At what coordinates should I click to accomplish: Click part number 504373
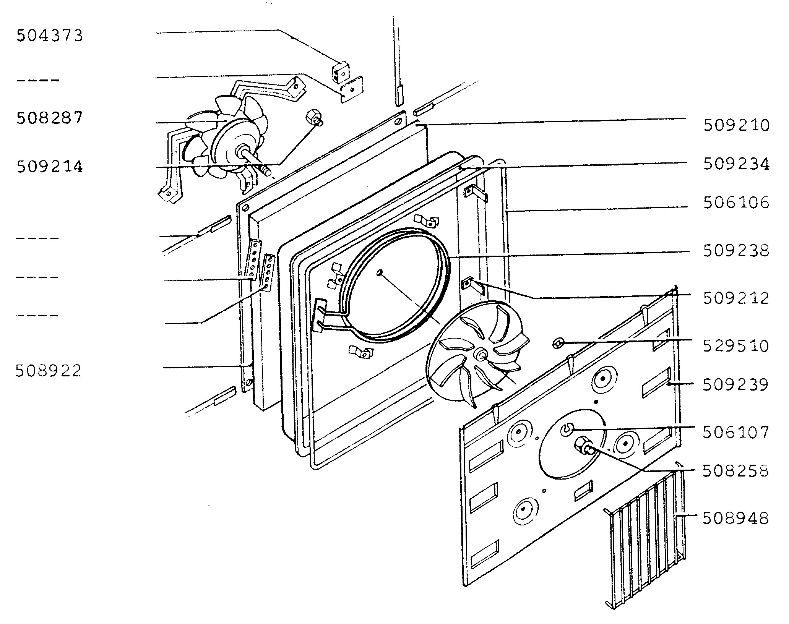[49, 36]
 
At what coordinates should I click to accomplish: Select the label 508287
[49, 118]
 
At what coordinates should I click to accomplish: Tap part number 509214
[49, 167]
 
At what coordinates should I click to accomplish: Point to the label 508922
[49, 371]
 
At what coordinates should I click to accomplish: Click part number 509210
[736, 125]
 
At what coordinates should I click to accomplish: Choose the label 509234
[736, 164]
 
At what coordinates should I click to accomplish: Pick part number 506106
[736, 203]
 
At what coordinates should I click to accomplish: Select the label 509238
[736, 251]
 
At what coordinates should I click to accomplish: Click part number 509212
[736, 298]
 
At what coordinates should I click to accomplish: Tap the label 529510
[736, 346]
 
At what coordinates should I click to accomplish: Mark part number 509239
[736, 385]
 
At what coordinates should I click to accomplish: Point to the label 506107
[736, 433]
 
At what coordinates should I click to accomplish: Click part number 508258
[736, 471]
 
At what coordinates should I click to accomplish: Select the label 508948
[736, 519]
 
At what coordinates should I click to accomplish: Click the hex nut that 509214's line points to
[314, 117]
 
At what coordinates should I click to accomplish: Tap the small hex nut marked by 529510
[558, 343]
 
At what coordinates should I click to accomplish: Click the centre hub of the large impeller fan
[480, 355]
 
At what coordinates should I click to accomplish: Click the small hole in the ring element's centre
[379, 273]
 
